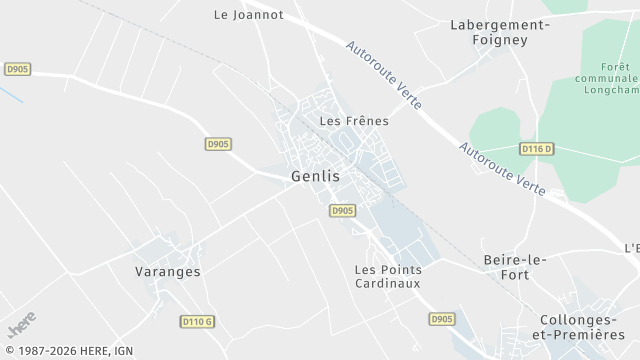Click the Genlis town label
click(x=315, y=176)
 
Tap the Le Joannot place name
click(x=249, y=15)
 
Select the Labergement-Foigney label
click(x=500, y=32)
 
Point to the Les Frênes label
click(x=353, y=120)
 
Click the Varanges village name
click(x=168, y=271)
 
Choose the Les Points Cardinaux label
click(x=388, y=276)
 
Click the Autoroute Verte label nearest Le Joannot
click(x=384, y=75)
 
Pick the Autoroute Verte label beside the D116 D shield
click(x=502, y=168)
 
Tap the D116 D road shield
click(x=536, y=149)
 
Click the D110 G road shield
click(x=198, y=321)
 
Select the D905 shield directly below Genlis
click(x=342, y=210)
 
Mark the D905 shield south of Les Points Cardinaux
click(x=441, y=319)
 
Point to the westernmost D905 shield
click(x=17, y=69)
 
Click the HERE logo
click(x=21, y=324)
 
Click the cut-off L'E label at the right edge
click(x=631, y=248)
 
